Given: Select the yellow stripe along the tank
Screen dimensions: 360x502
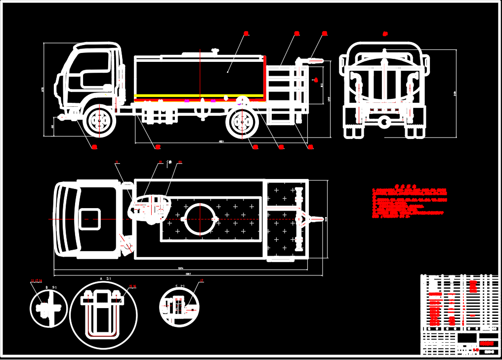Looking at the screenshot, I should click(x=198, y=95).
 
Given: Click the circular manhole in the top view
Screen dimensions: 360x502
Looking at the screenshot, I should click(x=199, y=219).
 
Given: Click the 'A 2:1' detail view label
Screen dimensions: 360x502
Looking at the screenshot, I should click(x=104, y=279).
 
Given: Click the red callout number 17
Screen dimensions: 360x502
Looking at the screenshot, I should click(x=201, y=281).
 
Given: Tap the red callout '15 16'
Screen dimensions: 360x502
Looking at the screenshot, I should click(x=132, y=286).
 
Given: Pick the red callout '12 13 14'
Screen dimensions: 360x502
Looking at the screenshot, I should click(x=37, y=281).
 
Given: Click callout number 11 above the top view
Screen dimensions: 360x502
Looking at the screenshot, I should click(x=117, y=162).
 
